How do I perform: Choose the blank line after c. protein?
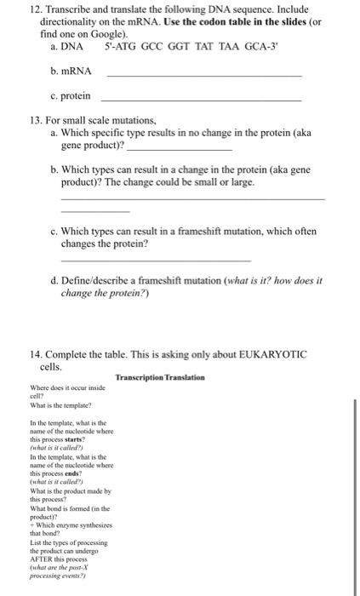(201, 101)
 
